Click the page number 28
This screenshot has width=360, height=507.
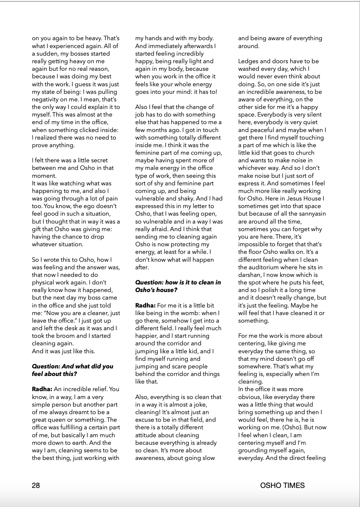tap(36, 485)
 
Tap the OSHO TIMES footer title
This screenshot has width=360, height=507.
tap(282, 485)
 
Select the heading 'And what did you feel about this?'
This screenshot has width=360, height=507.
tap(72, 370)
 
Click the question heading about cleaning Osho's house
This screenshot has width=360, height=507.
tap(178, 286)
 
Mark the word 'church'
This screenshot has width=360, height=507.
tap(304, 153)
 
